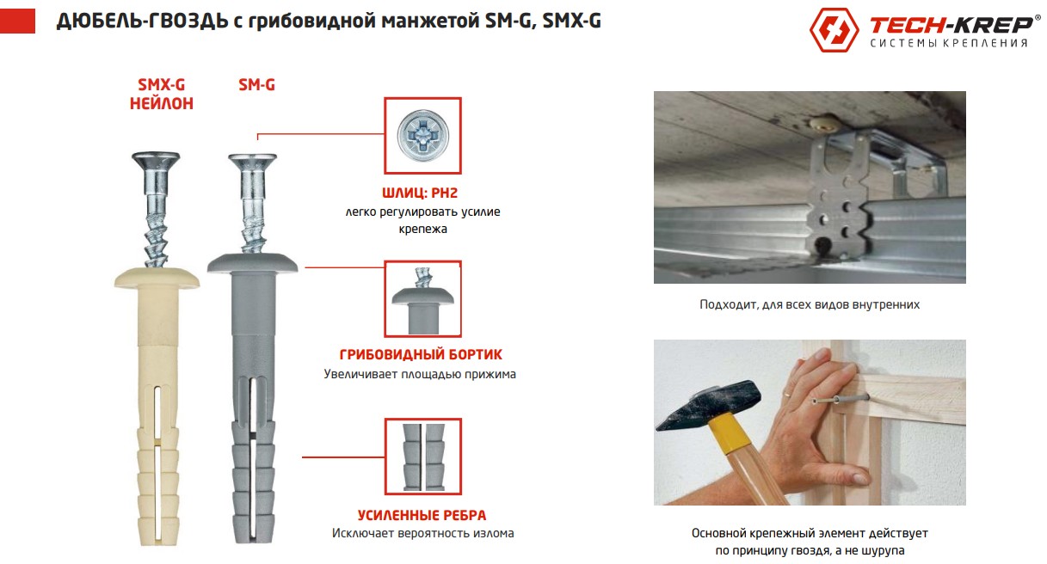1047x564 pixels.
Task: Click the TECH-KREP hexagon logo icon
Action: (834, 30)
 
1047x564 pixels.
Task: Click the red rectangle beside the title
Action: (18, 21)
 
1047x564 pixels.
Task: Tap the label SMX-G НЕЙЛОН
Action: (161, 95)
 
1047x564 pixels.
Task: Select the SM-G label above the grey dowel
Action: (256, 85)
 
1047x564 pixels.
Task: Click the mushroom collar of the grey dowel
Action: (252, 262)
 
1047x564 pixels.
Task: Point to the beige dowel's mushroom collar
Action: (157, 279)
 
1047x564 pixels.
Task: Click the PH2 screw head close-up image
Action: (422, 136)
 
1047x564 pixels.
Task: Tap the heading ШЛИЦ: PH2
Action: (422, 193)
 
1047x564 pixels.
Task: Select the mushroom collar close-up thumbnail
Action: (422, 300)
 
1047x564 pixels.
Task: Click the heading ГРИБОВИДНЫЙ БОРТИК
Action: (422, 354)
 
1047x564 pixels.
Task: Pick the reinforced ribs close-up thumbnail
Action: (422, 457)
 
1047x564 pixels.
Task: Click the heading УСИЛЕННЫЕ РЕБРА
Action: (422, 515)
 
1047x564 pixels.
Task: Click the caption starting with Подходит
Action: (810, 304)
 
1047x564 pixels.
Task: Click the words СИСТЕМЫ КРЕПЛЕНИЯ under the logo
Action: (949, 43)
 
